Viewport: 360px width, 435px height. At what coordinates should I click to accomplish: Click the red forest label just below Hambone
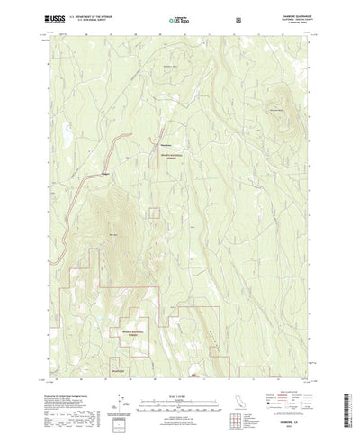pos(170,157)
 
